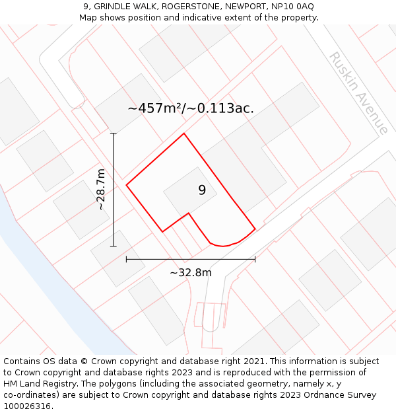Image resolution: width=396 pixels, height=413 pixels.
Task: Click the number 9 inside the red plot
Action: click(202, 190)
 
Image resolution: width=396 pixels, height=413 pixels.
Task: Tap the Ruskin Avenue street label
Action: click(358, 93)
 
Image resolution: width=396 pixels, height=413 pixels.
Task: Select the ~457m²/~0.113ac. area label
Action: click(191, 108)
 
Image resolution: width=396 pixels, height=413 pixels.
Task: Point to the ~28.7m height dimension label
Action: click(100, 189)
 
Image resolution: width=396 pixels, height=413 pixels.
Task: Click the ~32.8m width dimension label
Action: click(191, 273)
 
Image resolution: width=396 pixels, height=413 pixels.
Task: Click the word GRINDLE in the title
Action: click(113, 7)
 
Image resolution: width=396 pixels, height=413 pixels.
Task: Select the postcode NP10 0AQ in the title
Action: click(291, 7)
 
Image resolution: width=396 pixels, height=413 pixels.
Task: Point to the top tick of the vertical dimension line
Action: click(113, 133)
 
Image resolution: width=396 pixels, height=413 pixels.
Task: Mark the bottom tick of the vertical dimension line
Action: click(113, 246)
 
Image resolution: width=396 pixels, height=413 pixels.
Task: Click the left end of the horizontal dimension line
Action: click(127, 259)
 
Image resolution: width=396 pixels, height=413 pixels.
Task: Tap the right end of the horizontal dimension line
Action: click(255, 259)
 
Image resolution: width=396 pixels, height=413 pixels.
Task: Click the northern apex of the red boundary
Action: click(183, 133)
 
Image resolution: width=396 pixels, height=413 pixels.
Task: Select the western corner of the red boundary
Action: click(127, 185)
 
